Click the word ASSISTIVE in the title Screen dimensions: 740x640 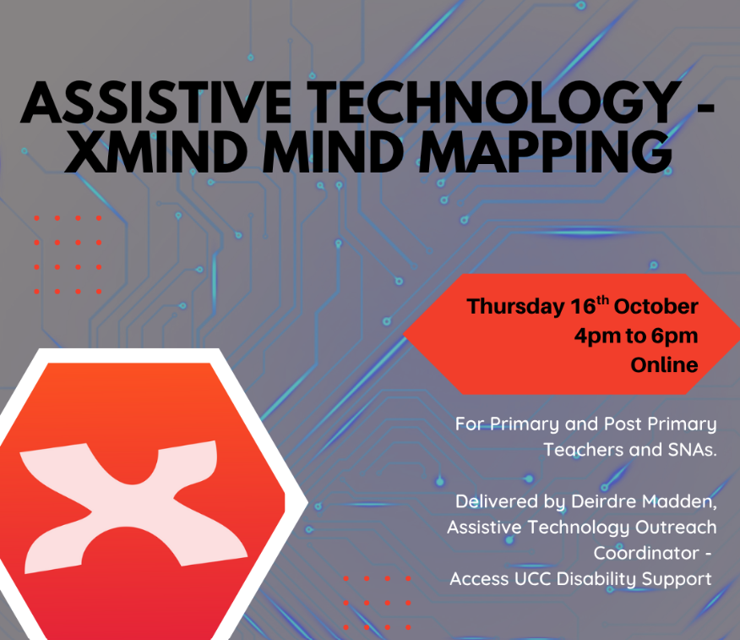tap(156, 102)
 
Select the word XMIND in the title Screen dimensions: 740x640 tap(156, 151)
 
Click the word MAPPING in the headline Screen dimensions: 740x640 tap(546, 151)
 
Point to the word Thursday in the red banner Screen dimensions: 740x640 tap(516, 307)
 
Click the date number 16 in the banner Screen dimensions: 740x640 tap(584, 306)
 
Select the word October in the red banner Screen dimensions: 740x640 tap(656, 307)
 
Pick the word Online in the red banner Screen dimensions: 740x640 tap(665, 364)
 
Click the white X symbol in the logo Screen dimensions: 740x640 tap(134, 506)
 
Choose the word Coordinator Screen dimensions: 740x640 tap(646, 553)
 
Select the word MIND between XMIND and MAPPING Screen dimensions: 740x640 tap(333, 151)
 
